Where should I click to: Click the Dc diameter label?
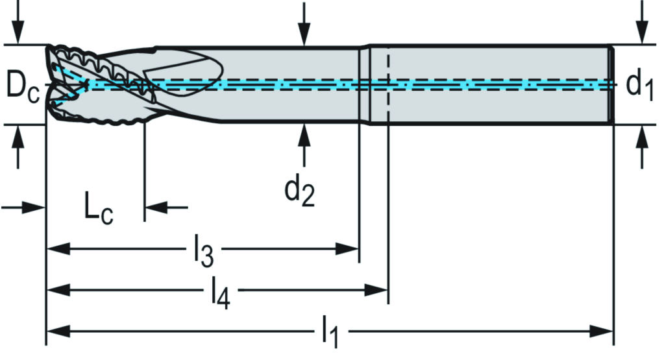coord(23,85)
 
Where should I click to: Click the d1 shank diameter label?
coord(639,85)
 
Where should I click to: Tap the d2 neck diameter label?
coord(300,191)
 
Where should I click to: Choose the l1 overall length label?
coord(330,335)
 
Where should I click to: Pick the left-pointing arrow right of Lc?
coord(156,208)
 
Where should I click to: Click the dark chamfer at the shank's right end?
coord(611,84)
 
